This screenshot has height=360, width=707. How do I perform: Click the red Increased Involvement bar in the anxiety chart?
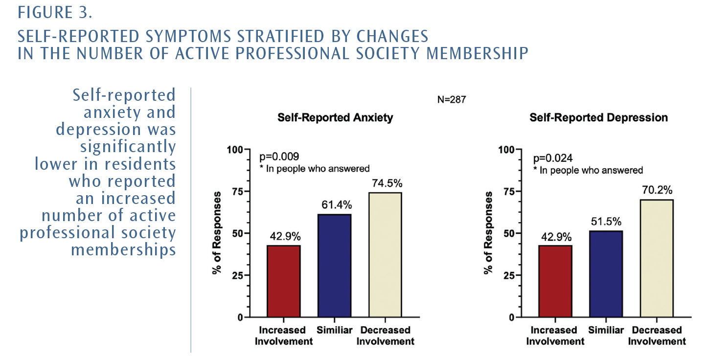tap(283, 281)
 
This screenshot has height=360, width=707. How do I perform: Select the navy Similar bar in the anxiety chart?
tap(334, 266)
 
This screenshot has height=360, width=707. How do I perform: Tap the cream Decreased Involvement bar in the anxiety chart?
tap(385, 254)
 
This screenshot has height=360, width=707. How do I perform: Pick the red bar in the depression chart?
tap(555, 281)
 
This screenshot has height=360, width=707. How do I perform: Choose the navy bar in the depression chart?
tap(606, 274)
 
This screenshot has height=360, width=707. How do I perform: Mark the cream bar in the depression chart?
tap(657, 258)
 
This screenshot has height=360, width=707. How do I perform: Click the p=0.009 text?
tap(279, 157)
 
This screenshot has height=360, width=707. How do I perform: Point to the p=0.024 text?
tap(552, 158)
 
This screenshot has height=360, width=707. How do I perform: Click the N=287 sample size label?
tap(451, 100)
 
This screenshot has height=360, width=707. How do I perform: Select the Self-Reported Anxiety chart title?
tap(335, 118)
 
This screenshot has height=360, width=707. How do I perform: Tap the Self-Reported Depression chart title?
tap(598, 118)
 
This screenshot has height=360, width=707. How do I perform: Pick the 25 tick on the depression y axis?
tap(509, 275)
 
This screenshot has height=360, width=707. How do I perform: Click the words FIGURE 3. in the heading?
tap(55, 13)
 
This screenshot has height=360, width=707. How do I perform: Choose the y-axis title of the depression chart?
tap(487, 233)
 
